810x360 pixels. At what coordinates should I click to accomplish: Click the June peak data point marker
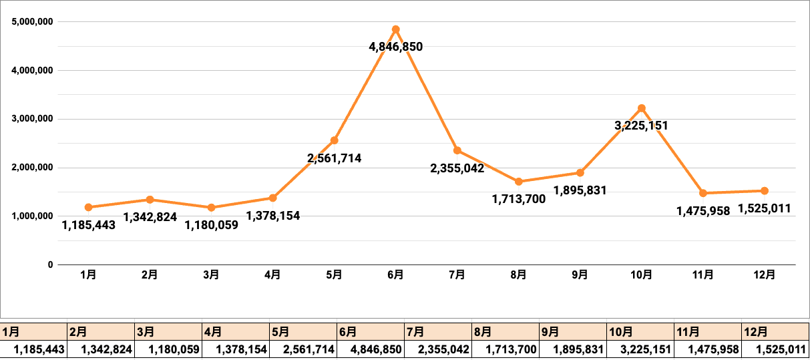coord(395,29)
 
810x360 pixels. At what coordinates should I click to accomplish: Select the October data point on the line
coord(642,108)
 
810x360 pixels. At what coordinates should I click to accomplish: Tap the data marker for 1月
coord(89,207)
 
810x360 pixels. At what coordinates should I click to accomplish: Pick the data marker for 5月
coord(334,140)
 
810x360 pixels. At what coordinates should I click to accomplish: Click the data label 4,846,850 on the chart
coord(395,47)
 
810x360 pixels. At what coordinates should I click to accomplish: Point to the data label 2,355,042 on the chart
coord(457,168)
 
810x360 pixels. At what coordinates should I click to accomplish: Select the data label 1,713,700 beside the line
coord(519,198)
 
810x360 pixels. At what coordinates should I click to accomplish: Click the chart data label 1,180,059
coord(212,225)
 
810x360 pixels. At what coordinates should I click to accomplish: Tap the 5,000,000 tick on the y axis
coord(33,21)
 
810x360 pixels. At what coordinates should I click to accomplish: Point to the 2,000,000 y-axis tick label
coord(33,168)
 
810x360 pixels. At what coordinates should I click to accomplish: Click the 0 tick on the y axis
coord(50,265)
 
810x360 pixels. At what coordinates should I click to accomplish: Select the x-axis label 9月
coord(580,275)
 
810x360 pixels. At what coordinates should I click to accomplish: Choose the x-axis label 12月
coord(765,275)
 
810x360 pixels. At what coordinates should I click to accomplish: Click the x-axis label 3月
coord(212,275)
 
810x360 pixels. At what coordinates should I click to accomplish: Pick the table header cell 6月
coord(371,331)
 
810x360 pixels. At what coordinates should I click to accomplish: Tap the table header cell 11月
coord(708,331)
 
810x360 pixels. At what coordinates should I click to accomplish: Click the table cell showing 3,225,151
coord(640,349)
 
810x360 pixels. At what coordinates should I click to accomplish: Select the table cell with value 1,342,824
coord(102,349)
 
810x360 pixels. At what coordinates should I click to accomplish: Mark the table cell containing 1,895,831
coord(573,349)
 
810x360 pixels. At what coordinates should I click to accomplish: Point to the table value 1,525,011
coord(775,349)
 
